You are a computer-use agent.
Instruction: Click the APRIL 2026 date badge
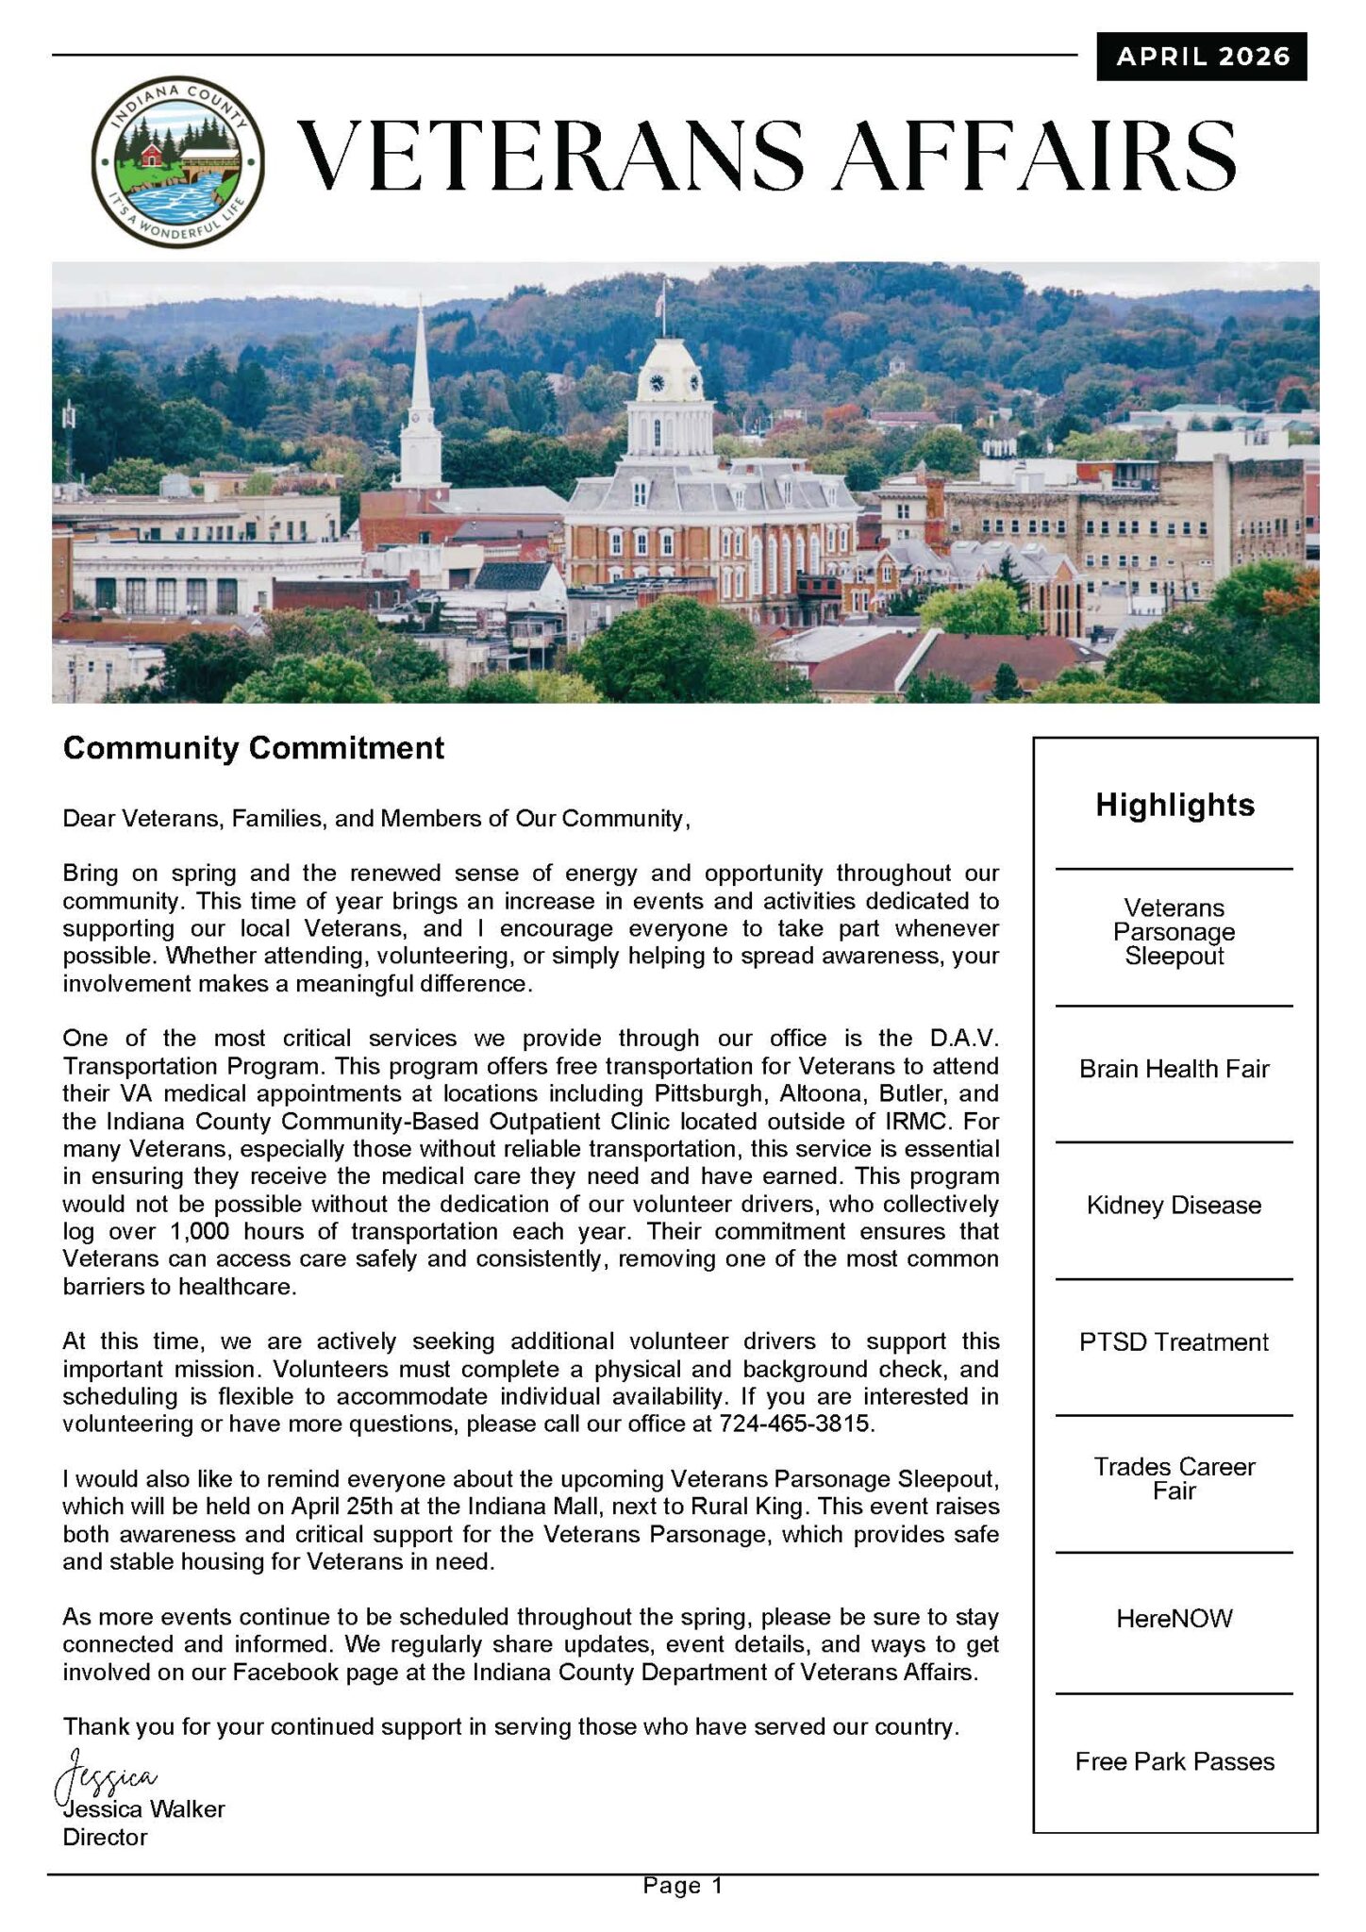pyautogui.click(x=1202, y=57)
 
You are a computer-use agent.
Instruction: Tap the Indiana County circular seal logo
pyautogui.click(x=178, y=161)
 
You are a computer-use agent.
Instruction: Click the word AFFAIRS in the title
pyautogui.click(x=1037, y=156)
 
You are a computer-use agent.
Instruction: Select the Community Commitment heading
pyautogui.click(x=253, y=748)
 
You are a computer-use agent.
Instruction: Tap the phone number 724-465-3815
pyautogui.click(x=795, y=1424)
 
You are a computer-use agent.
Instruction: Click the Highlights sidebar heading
pyautogui.click(x=1174, y=805)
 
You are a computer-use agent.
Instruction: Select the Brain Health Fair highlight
pyautogui.click(x=1174, y=1069)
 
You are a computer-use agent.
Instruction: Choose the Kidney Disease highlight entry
pyautogui.click(x=1174, y=1206)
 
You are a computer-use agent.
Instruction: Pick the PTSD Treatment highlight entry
pyautogui.click(x=1174, y=1342)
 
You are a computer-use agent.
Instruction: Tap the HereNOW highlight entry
pyautogui.click(x=1174, y=1619)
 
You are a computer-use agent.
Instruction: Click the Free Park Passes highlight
pyautogui.click(x=1174, y=1762)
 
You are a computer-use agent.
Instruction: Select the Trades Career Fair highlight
pyautogui.click(x=1174, y=1478)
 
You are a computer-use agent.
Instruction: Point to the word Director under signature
pyautogui.click(x=105, y=1838)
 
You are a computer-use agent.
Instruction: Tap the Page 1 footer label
pyautogui.click(x=682, y=1886)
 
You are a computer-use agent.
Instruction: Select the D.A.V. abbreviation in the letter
pyautogui.click(x=963, y=1039)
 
